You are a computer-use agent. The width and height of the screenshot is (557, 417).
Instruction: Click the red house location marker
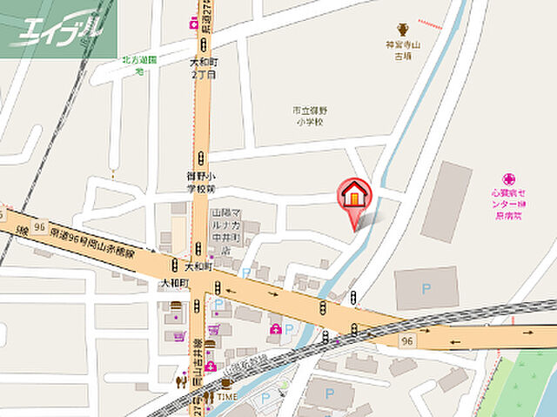point(354,193)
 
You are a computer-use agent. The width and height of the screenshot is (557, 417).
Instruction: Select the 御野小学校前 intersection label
point(201,181)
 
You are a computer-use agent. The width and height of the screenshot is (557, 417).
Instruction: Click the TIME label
point(227,396)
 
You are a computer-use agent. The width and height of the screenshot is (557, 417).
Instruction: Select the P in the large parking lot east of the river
point(426,287)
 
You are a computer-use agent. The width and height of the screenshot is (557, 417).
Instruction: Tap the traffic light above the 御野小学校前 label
point(201,158)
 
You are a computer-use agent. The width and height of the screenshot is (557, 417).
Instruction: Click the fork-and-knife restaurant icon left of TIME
point(182,380)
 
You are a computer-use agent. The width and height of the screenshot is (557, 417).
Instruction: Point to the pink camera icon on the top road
point(191,24)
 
